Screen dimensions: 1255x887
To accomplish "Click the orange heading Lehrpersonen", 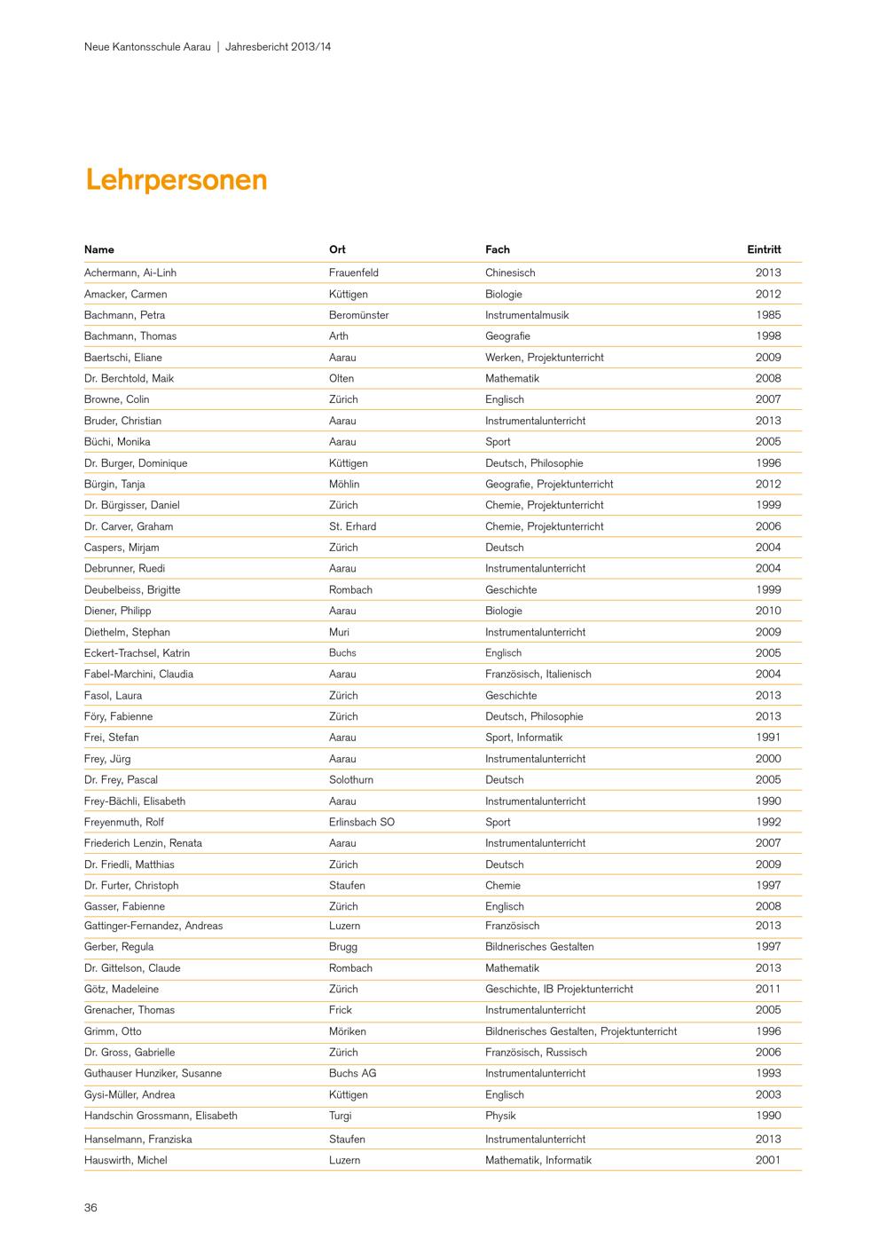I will (177, 180).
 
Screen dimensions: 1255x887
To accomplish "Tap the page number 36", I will (90, 1207).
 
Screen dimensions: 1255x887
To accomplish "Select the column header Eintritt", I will (764, 249).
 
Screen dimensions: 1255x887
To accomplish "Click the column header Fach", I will (497, 249).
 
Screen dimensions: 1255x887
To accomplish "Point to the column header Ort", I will (337, 249).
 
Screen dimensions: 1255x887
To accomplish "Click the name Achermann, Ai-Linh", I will (130, 272).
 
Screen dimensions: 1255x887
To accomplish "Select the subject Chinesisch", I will (510, 272).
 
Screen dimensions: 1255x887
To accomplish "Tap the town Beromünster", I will (358, 315).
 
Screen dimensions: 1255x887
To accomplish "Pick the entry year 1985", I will (768, 315).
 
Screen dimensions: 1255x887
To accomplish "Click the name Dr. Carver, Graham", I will (129, 526).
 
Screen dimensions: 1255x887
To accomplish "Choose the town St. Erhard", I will (352, 526).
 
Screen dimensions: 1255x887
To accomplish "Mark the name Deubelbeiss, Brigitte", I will (132, 589).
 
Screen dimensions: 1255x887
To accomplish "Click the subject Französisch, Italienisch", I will (538, 674).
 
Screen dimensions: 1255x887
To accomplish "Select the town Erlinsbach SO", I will (361, 822).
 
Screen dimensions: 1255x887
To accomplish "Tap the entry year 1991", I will (768, 738).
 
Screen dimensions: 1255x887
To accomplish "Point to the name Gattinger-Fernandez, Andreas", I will (153, 926).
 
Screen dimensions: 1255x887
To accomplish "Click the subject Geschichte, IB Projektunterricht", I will (559, 989).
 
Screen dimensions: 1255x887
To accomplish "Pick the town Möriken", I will (347, 1031).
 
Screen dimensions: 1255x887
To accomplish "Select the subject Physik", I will (500, 1116).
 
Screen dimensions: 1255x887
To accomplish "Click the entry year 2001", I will (768, 1160).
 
